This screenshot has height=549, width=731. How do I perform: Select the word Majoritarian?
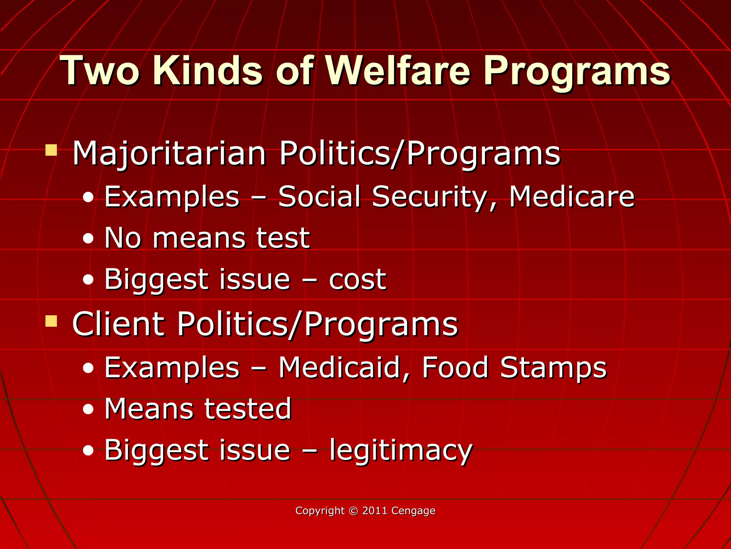[x=169, y=154]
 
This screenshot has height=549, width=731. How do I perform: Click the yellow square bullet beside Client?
[x=51, y=321]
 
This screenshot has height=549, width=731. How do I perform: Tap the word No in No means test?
[x=122, y=238]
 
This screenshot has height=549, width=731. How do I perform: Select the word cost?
[x=357, y=280]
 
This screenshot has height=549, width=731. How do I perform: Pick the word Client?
[x=118, y=324]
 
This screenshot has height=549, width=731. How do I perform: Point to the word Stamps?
[x=553, y=368]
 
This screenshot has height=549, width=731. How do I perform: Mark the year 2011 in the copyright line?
[x=375, y=510]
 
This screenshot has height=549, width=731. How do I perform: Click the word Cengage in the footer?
[x=413, y=511]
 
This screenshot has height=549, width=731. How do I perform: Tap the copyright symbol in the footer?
[x=353, y=511]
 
